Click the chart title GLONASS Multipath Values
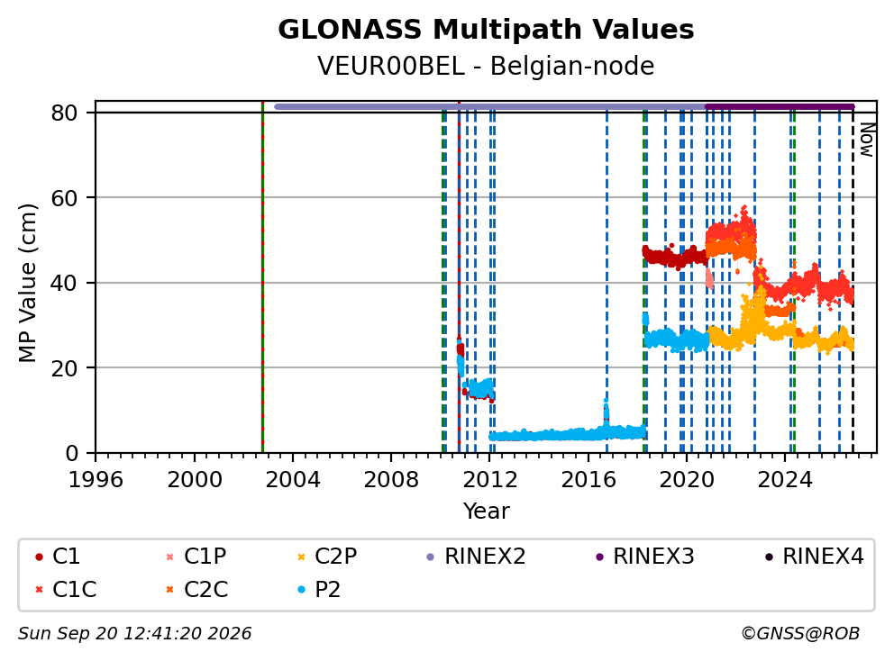pos(486,30)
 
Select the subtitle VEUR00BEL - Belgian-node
pos(486,66)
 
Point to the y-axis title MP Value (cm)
pos(27,283)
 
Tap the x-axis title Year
pos(486,511)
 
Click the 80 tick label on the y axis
pos(64,113)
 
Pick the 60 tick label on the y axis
pos(64,198)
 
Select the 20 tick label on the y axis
pos(64,368)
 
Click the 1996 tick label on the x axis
pos(96,480)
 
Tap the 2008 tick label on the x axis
pos(391,480)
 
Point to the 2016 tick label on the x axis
pos(588,480)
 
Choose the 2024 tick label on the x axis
pos(785,480)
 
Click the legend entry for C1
pos(58,557)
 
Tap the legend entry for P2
pos(319,589)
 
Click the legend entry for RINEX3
pos(645,557)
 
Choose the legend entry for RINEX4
pos(815,557)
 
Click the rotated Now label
pos(867,140)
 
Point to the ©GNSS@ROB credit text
pos(800,634)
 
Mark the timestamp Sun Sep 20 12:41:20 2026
pos(134,634)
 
